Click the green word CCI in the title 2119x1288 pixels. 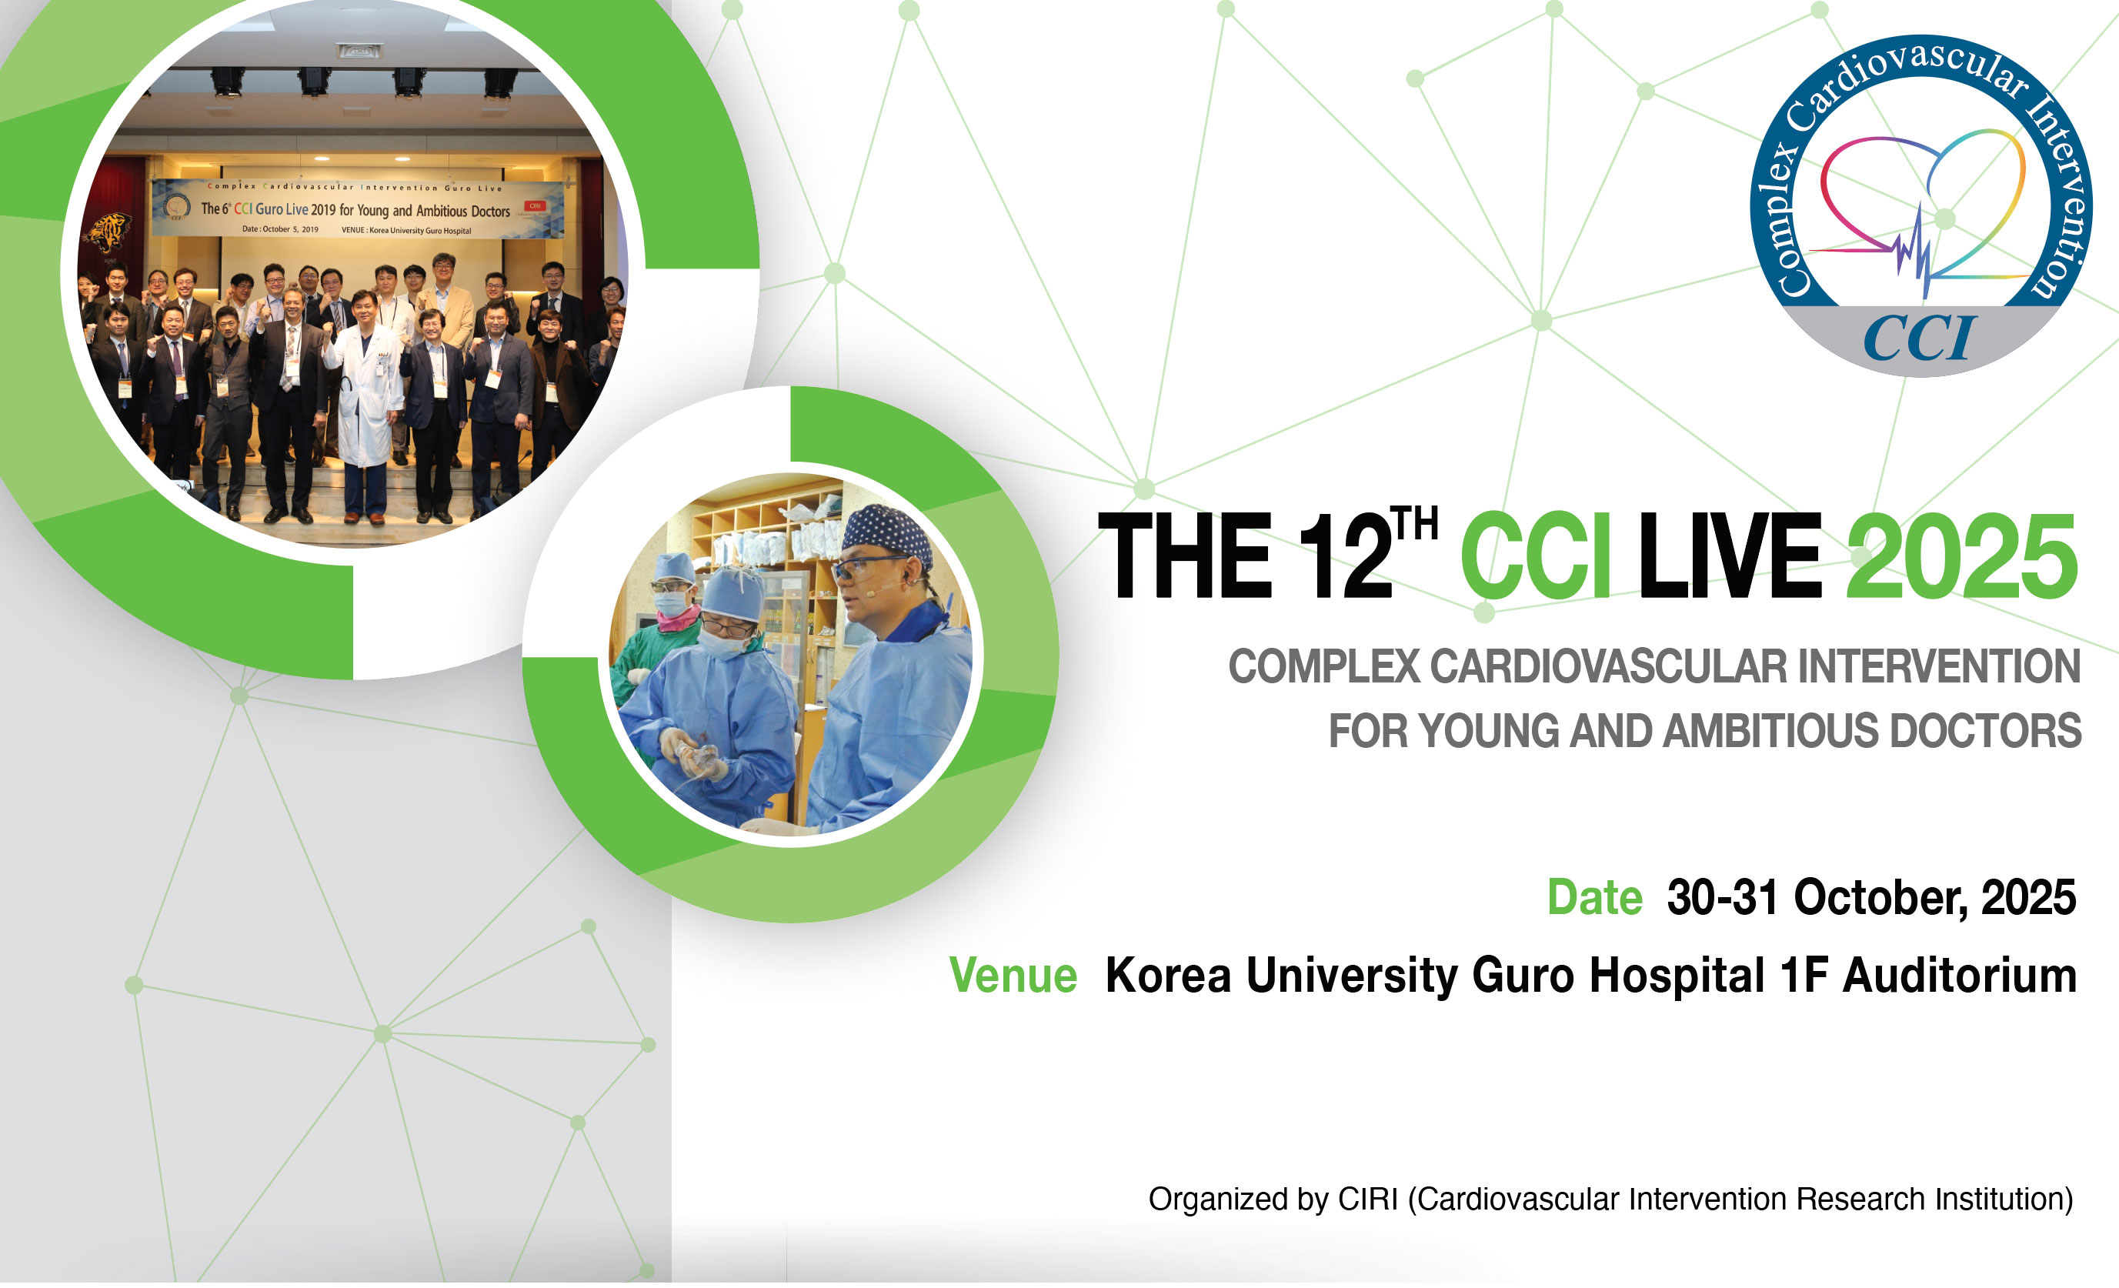(1535, 555)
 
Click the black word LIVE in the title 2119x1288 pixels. (1730, 555)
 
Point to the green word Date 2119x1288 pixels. (1594, 898)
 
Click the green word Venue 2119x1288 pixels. (1013, 976)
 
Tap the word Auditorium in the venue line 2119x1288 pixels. (1959, 976)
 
